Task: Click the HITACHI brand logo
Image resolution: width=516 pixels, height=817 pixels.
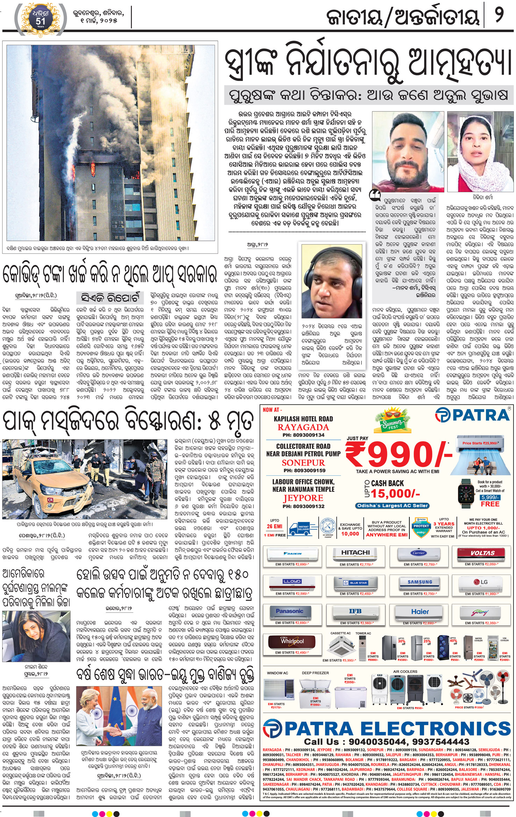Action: tap(355, 552)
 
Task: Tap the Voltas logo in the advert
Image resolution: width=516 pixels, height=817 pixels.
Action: tap(482, 553)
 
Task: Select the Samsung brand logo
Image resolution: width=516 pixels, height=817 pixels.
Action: tap(420, 582)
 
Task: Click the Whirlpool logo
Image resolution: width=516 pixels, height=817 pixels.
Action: tap(292, 641)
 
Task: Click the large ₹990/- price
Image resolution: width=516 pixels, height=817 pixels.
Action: tap(398, 454)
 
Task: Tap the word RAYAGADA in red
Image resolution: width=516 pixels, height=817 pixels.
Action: tap(303, 427)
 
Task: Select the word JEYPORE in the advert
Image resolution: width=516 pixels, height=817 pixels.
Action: tap(303, 498)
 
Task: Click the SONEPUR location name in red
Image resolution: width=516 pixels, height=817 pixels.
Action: tap(303, 462)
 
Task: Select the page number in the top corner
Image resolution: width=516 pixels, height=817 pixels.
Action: tap(499, 17)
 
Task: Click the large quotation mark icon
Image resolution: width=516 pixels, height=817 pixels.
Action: tap(375, 196)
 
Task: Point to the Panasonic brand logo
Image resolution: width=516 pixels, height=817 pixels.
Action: tap(289, 611)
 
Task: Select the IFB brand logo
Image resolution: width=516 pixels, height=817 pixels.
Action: tap(355, 611)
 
